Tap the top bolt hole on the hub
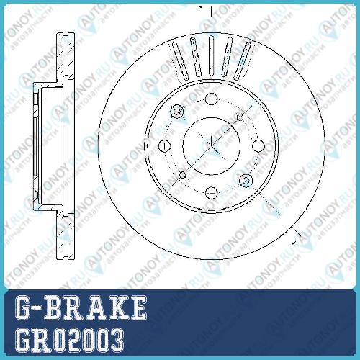(212, 99)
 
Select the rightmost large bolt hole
(258, 145)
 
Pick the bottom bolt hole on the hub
(212, 192)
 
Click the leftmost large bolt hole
(165, 146)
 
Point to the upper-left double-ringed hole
(177, 112)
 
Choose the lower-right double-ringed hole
(246, 180)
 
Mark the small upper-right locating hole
(240, 117)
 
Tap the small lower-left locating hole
(183, 175)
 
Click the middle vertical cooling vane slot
(211, 55)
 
